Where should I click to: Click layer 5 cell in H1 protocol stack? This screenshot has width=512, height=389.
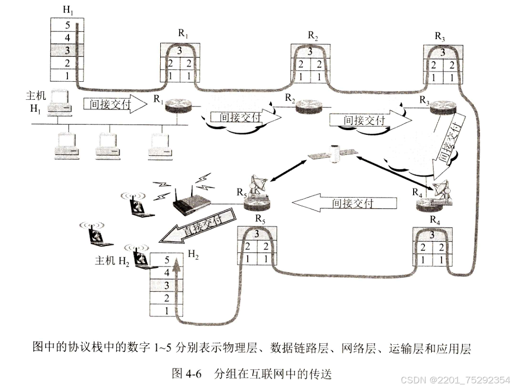(x=66, y=25)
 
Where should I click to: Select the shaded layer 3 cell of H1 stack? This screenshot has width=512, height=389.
(x=66, y=50)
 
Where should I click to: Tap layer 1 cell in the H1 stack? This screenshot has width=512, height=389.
(x=66, y=75)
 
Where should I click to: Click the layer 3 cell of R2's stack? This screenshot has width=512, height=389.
(x=310, y=52)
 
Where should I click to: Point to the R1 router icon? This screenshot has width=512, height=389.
(x=177, y=105)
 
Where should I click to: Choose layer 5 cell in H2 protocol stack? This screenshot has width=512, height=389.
(x=166, y=260)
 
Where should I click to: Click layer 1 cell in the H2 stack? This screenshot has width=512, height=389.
(x=166, y=310)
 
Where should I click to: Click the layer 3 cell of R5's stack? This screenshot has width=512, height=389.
(x=257, y=234)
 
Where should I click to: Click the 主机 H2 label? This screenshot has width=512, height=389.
(x=112, y=260)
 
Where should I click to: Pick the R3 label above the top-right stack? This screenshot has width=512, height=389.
(x=439, y=36)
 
